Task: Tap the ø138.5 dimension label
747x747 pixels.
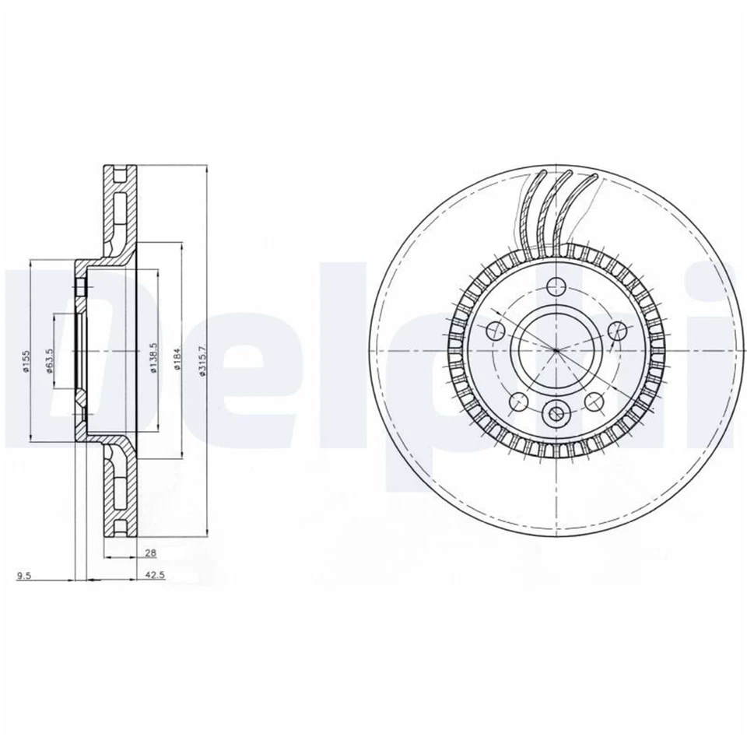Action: [x=153, y=358]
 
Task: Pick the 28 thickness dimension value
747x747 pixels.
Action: [x=151, y=553]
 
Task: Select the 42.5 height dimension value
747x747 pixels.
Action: [x=153, y=577]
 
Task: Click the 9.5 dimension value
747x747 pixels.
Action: [x=24, y=577]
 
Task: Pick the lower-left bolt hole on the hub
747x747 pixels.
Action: [x=518, y=402]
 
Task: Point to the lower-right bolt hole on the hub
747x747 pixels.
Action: [x=594, y=402]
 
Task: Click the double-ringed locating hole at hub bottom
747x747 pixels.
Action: [x=556, y=413]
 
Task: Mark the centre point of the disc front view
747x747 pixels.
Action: [x=556, y=351]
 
